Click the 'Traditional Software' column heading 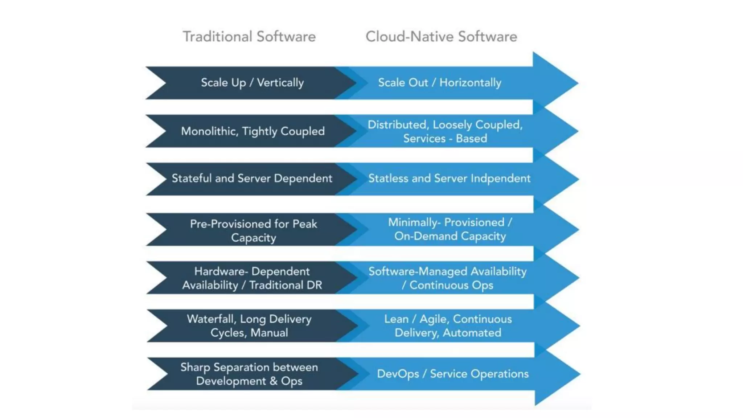[249, 37]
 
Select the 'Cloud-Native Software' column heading [441, 37]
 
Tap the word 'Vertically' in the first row [280, 83]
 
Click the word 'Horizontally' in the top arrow [470, 83]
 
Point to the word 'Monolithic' [209, 131]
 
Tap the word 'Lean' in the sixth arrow [396, 319]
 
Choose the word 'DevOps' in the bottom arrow [398, 374]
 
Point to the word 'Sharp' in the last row [195, 367]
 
